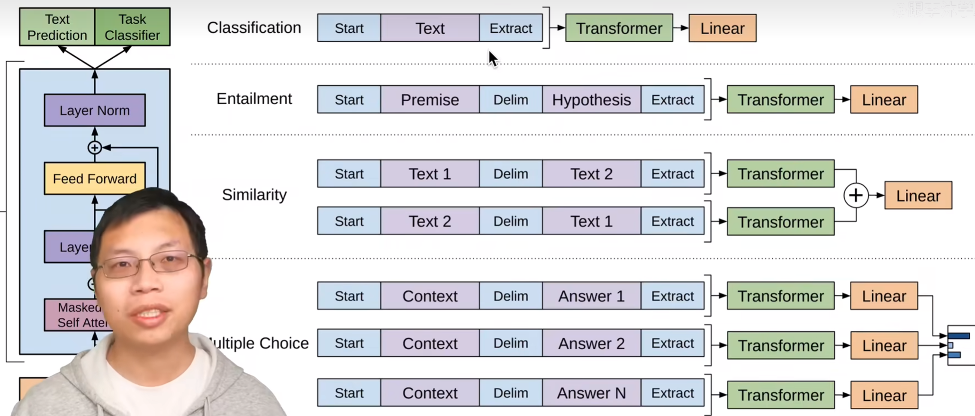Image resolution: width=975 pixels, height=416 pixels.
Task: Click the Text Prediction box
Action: click(x=57, y=27)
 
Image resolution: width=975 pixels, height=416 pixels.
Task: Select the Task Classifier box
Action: click(x=132, y=27)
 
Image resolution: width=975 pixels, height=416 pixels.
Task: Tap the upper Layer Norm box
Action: click(x=95, y=110)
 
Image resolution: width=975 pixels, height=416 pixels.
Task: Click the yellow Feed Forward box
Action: click(x=95, y=179)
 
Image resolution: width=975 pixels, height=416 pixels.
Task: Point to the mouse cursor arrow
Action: click(x=493, y=59)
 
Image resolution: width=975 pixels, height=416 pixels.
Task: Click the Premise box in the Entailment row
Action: click(x=430, y=99)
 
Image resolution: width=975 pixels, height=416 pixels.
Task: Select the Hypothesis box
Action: click(x=591, y=99)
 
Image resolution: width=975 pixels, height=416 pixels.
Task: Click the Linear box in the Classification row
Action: click(x=722, y=28)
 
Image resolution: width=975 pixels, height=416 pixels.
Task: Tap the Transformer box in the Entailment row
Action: click(x=780, y=99)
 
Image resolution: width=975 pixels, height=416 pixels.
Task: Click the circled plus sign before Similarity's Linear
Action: click(x=856, y=195)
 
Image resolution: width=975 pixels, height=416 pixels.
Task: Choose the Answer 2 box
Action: click(x=591, y=343)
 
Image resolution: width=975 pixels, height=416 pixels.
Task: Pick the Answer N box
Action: click(x=591, y=393)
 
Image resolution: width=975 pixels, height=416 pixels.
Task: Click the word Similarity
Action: click(x=254, y=195)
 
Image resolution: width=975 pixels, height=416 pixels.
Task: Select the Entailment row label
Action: click(x=254, y=99)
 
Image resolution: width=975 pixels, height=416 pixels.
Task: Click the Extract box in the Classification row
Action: click(x=511, y=28)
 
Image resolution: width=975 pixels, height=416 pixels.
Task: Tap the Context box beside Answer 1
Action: click(x=430, y=296)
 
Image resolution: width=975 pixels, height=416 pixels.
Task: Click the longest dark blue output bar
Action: click(x=959, y=336)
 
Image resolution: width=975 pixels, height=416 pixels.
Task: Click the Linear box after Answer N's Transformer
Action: click(x=884, y=395)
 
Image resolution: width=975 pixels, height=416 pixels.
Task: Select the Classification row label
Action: click(x=254, y=27)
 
